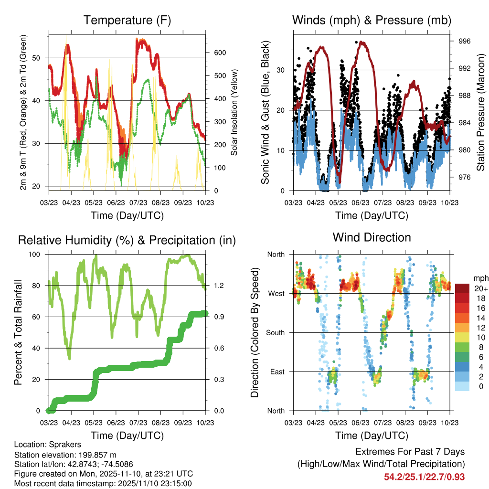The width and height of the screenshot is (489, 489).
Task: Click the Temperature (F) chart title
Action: pos(127,21)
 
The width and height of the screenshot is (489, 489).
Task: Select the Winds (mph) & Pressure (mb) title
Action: pos(372,21)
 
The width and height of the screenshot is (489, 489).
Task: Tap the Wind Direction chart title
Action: pos(372,237)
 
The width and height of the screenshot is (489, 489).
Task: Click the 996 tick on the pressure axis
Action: pos(464,42)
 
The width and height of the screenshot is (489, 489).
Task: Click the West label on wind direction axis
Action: pos(276,293)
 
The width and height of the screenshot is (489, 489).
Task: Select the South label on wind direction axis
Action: pos(275,332)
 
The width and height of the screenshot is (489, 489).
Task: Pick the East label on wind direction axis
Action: pos(276,372)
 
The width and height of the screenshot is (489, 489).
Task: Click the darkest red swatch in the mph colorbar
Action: pos(462,288)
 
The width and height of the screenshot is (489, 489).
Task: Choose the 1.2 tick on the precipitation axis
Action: pos(219,286)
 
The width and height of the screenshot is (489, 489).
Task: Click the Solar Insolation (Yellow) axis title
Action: pos(234,112)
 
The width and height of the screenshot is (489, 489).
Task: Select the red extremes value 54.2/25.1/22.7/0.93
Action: pos(424,477)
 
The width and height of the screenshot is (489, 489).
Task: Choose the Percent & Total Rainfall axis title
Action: pos(18,332)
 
